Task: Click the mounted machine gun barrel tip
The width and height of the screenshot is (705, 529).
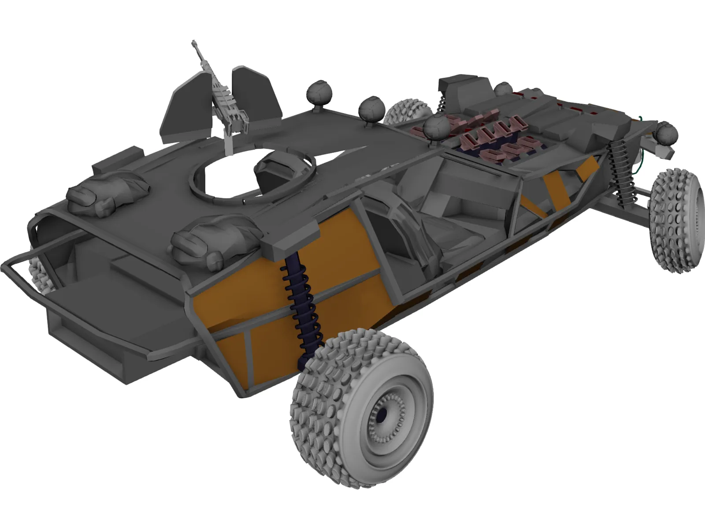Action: click(193, 42)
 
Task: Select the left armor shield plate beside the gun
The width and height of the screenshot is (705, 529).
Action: click(187, 110)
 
